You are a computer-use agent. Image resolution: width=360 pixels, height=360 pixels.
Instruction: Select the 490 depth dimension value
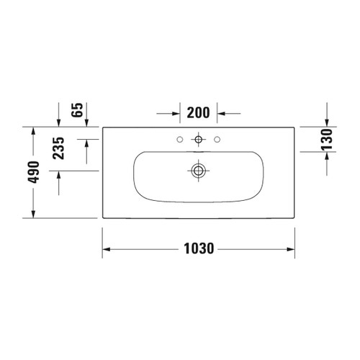(32, 172)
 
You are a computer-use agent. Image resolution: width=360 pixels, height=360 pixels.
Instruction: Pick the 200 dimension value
(197, 113)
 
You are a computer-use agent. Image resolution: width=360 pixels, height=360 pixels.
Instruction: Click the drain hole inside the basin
(197, 171)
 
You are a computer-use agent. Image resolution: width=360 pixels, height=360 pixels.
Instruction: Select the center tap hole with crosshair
(197, 138)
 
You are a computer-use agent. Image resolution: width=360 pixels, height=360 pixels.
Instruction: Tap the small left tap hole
(176, 138)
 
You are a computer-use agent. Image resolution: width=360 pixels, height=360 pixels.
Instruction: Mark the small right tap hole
(218, 138)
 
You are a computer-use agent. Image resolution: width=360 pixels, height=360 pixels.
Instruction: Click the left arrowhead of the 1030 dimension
(105, 249)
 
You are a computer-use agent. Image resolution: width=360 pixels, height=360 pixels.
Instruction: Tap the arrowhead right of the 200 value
(222, 113)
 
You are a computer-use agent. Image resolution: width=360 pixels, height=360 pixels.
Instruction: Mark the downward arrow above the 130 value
(327, 123)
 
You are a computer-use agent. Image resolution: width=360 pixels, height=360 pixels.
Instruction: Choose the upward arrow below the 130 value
(327, 156)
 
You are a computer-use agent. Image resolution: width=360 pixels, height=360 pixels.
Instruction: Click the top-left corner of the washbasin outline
(102, 127)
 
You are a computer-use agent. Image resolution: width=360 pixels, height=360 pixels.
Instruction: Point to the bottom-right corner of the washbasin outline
(294, 217)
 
